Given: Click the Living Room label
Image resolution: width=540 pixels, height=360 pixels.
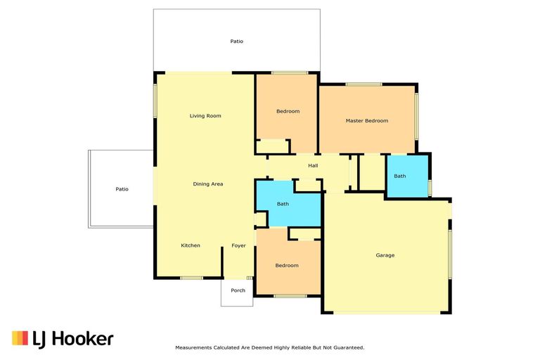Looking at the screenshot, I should click(205, 115).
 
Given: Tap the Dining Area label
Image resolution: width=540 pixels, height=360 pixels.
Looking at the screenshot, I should click(208, 184).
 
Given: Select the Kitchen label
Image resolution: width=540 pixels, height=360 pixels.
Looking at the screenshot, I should click(191, 245).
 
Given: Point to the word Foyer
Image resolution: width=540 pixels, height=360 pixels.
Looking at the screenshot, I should click(238, 245).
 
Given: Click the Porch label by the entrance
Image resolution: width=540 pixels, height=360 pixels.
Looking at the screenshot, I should click(238, 290).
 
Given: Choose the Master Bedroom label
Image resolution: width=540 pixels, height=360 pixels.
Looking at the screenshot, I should click(366, 121).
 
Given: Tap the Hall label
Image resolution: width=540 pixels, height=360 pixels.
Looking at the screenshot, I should click(313, 166).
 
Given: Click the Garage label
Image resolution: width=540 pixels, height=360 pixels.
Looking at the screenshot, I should click(385, 255).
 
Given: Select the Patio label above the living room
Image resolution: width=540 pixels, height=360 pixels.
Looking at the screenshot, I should click(237, 41).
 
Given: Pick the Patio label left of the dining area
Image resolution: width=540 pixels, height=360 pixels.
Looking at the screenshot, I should click(122, 189).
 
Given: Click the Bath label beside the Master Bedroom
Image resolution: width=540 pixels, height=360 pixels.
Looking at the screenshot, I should click(399, 176).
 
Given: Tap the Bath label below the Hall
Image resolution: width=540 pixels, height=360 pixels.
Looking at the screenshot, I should click(283, 204).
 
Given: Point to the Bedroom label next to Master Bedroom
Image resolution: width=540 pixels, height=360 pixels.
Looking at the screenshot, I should click(288, 111).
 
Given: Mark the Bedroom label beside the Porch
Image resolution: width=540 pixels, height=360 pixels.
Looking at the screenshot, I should click(287, 266).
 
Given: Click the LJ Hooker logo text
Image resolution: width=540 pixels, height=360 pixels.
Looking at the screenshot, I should click(73, 339).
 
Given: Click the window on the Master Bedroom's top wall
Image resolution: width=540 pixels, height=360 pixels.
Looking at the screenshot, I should click(364, 85).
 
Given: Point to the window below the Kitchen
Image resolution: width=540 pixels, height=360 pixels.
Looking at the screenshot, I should click(191, 278).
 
